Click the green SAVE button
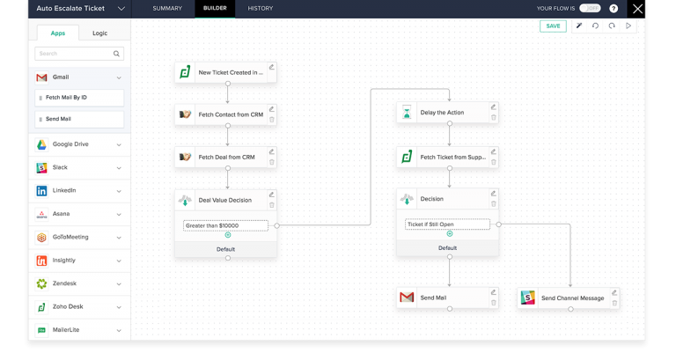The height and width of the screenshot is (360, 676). tap(553, 26)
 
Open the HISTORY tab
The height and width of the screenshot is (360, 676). tap(260, 8)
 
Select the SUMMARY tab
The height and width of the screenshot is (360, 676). tap(167, 8)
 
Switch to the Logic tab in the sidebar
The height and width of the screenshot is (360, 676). tap(99, 33)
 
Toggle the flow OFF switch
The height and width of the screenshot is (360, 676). tap(590, 8)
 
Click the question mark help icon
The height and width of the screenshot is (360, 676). tap(614, 9)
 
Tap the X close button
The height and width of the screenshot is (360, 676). tap(637, 9)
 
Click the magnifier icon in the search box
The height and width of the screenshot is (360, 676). tap(116, 54)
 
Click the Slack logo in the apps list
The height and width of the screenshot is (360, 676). tap(42, 167)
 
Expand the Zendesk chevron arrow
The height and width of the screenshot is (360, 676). tap(119, 283)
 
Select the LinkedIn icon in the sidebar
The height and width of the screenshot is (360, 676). tap(42, 191)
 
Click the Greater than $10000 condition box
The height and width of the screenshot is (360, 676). tap(225, 225)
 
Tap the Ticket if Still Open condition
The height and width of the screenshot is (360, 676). tap(447, 224)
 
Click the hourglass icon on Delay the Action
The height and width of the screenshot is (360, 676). tap(407, 112)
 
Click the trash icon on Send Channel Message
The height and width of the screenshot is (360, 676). tap(614, 303)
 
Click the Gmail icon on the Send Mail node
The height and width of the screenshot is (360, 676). tap(407, 297)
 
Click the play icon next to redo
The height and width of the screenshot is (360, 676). tap(628, 26)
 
